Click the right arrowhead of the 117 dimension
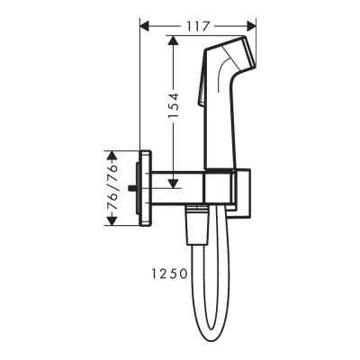pos(254,26)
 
